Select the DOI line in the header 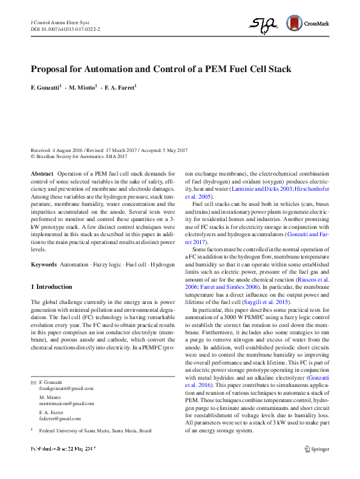click(65, 28)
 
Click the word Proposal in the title click(53, 69)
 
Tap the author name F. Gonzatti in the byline click(45, 88)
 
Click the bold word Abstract click(42, 173)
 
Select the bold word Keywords click(44, 265)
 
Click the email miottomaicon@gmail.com click(67, 403)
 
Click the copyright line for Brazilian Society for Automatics click(80, 156)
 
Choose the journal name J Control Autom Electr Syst click(57, 21)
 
